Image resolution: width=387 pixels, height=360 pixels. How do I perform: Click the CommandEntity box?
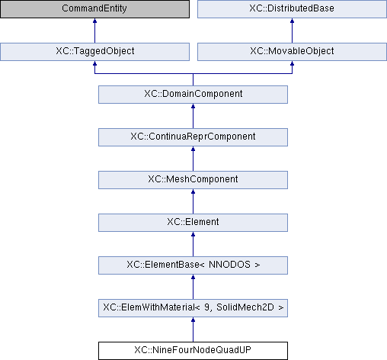coord(94,9)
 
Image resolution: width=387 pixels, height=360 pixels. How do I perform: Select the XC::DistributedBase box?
coord(292,9)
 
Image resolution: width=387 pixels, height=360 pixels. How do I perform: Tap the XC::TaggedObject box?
coord(94,52)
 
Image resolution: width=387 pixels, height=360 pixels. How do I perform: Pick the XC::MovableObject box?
coord(292,52)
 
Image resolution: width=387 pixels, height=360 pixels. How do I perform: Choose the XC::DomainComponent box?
coord(193,95)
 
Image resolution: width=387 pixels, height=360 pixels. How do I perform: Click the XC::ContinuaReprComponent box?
coord(193,137)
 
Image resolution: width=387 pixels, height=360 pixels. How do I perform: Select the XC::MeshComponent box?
coord(193,180)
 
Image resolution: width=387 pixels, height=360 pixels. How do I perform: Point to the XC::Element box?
coord(193,223)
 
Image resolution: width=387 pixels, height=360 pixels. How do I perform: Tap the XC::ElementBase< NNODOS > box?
coord(193,265)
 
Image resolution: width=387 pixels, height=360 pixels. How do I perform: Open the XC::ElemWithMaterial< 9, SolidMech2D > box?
coord(193,308)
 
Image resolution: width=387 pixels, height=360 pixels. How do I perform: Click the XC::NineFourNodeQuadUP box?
coord(193,351)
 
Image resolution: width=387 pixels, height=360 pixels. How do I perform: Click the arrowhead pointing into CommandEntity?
coord(94,21)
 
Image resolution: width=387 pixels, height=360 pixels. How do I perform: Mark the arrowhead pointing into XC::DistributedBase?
coord(292,21)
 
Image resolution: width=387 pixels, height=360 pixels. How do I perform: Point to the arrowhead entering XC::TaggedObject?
coord(94,63)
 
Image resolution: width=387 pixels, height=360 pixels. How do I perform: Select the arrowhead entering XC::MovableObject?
coord(292,63)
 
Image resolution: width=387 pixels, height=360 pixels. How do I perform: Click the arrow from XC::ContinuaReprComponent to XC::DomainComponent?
coord(193,116)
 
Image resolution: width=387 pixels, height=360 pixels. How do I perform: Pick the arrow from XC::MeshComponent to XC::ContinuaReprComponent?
coord(193,159)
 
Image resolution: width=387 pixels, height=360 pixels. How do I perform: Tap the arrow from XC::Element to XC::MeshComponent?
coord(193,201)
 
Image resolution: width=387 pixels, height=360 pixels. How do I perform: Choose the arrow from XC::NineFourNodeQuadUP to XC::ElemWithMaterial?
coord(193,329)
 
